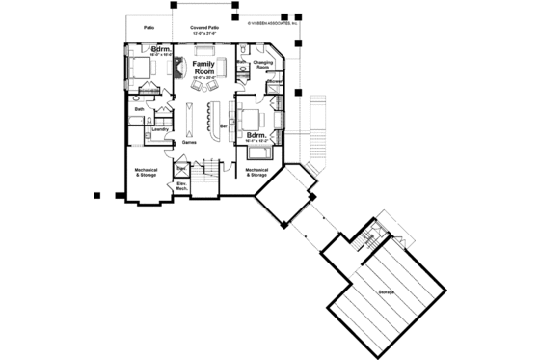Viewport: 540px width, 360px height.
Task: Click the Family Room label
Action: [x=202, y=67]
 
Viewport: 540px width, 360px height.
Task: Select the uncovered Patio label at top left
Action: [x=148, y=28]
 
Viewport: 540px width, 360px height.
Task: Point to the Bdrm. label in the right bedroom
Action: [x=257, y=135]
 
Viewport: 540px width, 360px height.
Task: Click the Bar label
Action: [x=224, y=125]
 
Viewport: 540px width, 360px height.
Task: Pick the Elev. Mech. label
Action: [x=180, y=185]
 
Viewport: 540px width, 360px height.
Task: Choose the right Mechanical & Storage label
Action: [x=257, y=173]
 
